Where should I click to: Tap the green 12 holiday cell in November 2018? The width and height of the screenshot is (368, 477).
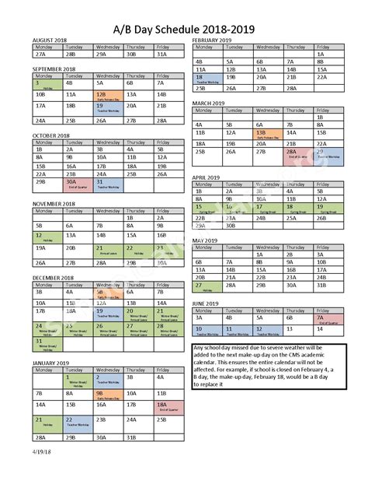45,236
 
